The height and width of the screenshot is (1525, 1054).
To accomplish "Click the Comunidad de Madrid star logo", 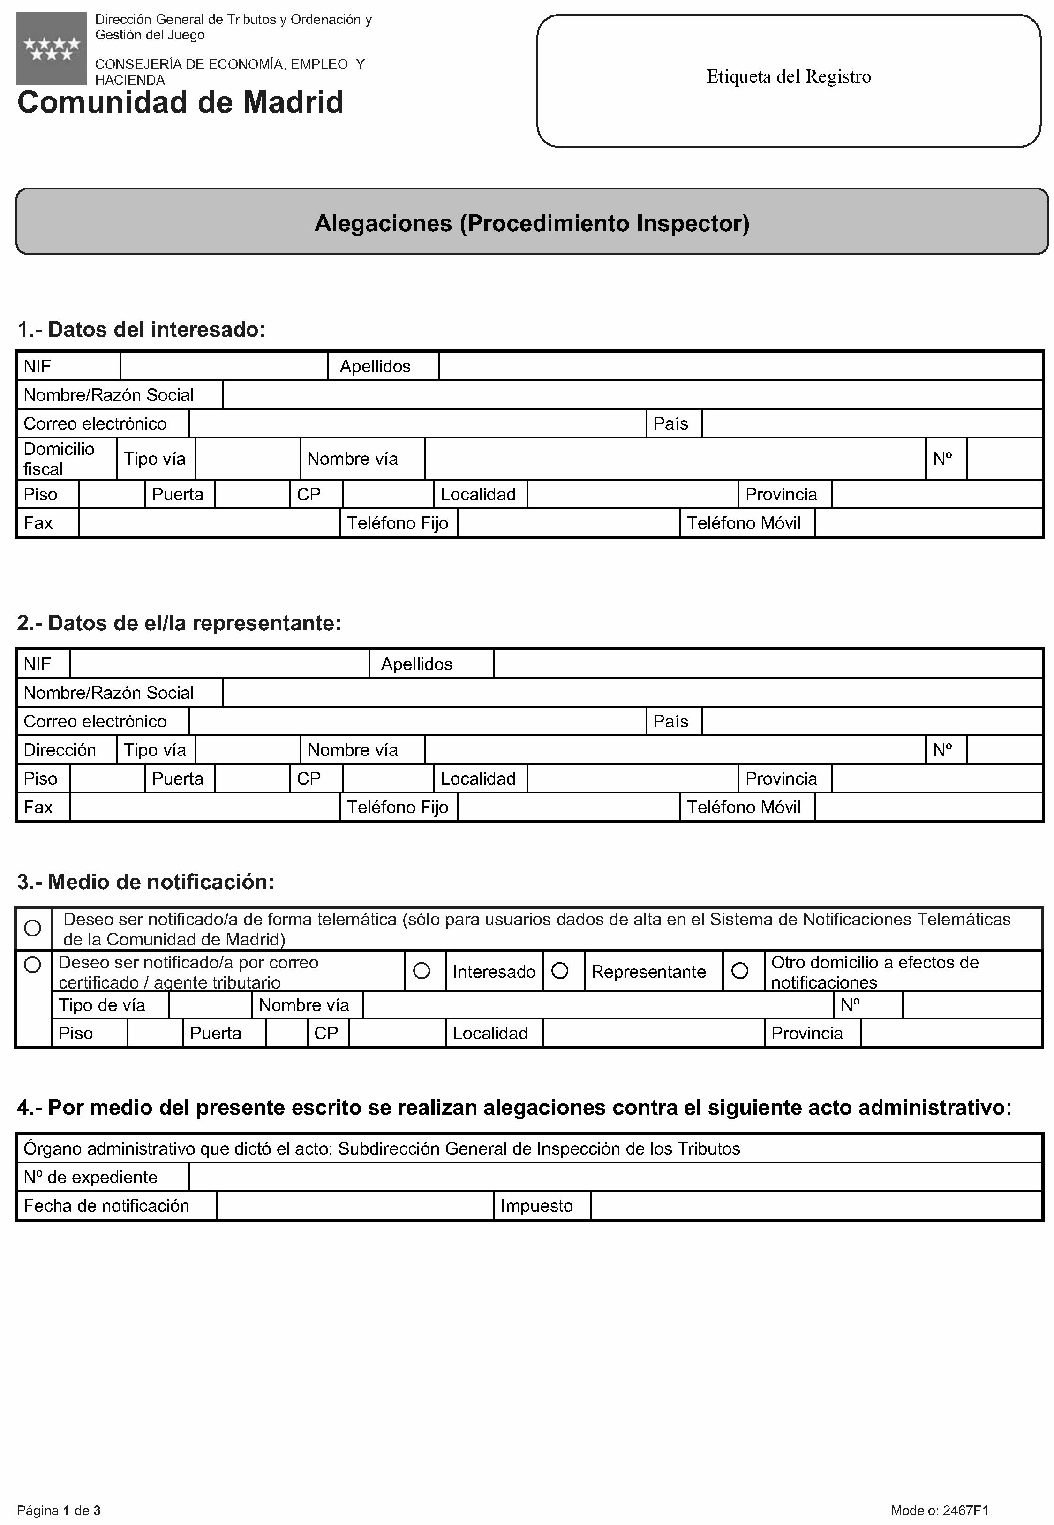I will pos(52,48).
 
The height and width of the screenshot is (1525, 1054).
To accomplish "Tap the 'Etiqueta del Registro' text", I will pos(789,76).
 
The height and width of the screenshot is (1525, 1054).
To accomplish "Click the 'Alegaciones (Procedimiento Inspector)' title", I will pos(532,223).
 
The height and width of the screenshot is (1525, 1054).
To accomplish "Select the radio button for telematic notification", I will pos(32,928).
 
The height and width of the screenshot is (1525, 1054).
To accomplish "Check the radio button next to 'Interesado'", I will pos(422,971).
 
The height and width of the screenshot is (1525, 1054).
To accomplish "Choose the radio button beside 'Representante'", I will pos(560,971).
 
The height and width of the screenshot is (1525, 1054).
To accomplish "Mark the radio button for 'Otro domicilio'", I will pos(740,971).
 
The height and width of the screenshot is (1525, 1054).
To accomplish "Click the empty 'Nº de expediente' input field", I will pos(614,1177).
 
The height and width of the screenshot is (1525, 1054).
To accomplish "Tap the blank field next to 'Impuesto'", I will pos(816,1206).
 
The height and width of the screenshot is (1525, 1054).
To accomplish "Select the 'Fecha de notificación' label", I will pos(106,1206).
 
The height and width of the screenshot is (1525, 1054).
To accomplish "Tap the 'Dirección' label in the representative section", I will pos(60,750).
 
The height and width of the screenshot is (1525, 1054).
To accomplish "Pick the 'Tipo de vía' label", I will pos(102,1005).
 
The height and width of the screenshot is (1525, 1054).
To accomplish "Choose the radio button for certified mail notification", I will pos(32,965).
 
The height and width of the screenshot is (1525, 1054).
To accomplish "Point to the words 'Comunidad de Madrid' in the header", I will pos(181,102).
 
